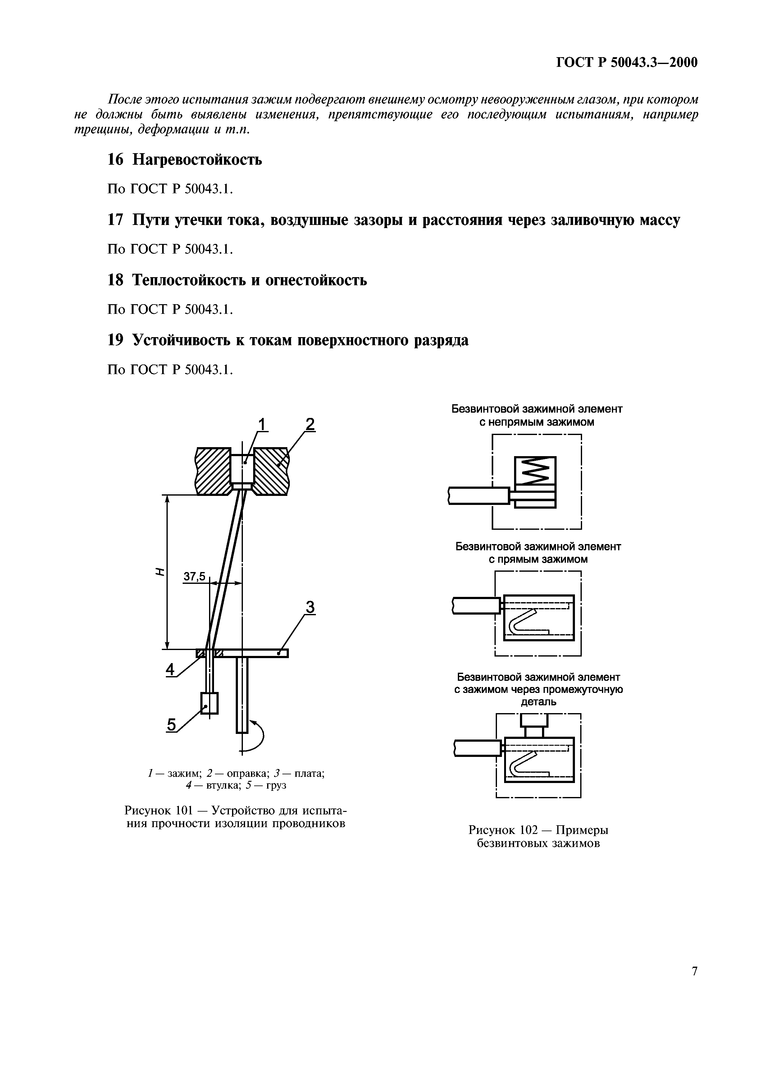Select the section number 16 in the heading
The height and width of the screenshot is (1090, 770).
(115, 159)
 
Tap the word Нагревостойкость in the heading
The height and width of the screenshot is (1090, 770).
(197, 159)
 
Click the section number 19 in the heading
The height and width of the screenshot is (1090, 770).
(115, 340)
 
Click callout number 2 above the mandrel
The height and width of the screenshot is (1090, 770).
(310, 424)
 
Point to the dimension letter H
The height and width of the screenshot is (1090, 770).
(160, 572)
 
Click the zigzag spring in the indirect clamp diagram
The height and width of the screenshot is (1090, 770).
(535, 469)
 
